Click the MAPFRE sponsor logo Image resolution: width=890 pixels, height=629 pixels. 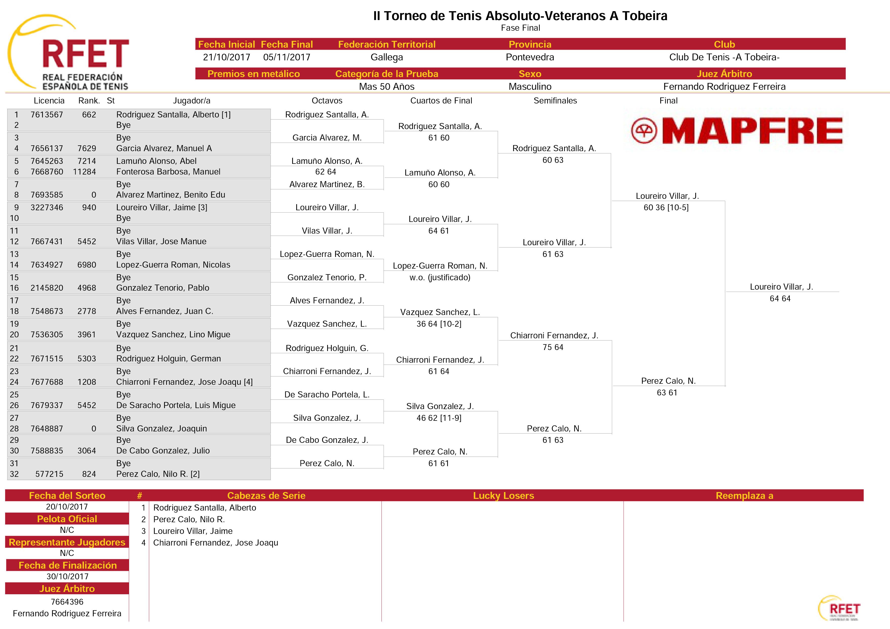coord(737,131)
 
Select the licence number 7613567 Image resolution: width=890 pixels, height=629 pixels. coord(47,115)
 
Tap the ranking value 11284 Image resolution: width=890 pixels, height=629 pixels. coord(84,172)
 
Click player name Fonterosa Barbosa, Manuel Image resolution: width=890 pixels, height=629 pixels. coord(168,172)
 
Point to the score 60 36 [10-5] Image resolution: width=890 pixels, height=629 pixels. coord(666,208)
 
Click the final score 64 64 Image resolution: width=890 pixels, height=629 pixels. coord(780,299)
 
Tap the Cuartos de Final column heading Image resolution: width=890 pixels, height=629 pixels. coord(441,101)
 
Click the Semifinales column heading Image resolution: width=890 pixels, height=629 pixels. coord(555,101)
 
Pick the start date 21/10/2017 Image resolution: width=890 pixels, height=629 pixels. coord(227,57)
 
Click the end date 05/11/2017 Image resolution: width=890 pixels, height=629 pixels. coord(287,57)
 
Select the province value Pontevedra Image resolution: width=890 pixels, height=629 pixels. coord(530,57)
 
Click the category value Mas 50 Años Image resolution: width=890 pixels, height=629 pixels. coord(387,87)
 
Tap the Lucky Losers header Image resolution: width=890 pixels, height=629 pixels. coord(503,496)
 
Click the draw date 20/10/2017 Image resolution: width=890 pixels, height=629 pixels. coord(67,507)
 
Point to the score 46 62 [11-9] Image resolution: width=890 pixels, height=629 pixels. coord(439,418)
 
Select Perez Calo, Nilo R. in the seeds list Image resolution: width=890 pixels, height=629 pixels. coord(189,520)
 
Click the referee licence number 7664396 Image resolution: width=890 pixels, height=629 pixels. coord(67,602)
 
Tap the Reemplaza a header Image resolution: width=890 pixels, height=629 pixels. coord(744,496)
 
